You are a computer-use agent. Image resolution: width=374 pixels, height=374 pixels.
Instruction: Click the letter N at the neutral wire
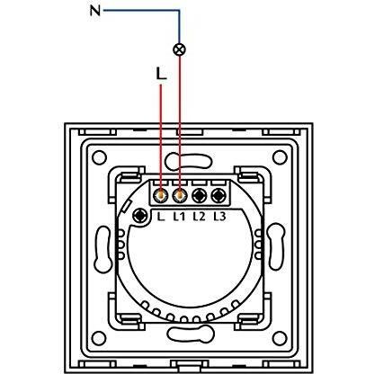tap(95, 11)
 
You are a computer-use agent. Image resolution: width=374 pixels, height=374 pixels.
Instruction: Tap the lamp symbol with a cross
tap(180, 49)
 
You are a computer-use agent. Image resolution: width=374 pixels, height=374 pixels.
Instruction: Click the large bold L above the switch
tap(161, 74)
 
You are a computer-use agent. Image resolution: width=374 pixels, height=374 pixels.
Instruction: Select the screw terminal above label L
tap(160, 196)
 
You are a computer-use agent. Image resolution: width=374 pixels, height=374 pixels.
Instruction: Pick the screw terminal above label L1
tap(180, 196)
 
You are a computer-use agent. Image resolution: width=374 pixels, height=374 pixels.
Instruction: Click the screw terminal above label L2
tap(200, 196)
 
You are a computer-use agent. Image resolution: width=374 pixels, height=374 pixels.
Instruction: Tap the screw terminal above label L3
tap(218, 196)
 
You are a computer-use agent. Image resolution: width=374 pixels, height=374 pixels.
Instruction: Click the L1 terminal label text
tap(179, 217)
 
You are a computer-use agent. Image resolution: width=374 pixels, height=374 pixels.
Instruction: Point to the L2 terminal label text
tap(200, 217)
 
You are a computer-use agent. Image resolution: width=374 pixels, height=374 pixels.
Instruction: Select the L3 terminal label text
tap(219, 217)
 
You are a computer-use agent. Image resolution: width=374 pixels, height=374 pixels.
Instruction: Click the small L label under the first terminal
tap(161, 217)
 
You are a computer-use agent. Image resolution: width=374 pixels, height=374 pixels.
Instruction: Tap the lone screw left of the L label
tap(140, 216)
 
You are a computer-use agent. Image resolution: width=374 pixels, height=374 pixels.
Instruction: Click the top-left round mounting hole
tap(99, 157)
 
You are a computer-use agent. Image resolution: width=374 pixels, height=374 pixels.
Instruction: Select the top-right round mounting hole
tap(280, 157)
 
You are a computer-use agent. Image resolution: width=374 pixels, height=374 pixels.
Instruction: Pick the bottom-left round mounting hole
tap(99, 338)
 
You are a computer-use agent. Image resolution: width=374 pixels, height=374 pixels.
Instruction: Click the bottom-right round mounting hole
tap(280, 338)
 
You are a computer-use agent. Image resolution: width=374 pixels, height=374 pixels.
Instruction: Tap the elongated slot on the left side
tap(102, 248)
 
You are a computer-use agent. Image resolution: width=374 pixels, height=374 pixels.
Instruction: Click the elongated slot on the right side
tap(275, 246)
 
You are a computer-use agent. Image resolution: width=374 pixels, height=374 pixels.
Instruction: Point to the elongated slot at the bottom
tap(191, 333)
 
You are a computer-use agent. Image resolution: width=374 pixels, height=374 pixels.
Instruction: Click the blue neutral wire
tap(180, 11)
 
